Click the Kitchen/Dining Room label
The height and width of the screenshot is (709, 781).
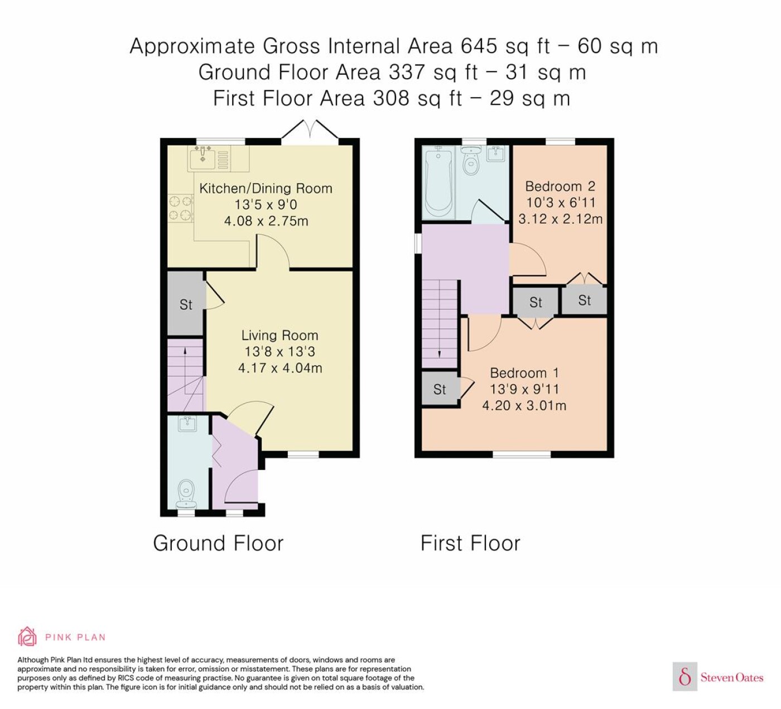266,189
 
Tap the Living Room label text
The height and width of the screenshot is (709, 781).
279,335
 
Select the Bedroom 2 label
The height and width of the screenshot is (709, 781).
560,186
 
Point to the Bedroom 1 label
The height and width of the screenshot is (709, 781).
524,373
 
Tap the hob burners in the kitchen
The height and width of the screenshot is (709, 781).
181,208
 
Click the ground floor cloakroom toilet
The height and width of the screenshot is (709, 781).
186,492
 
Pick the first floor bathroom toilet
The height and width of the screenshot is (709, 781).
471,161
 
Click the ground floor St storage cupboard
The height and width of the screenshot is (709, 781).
185,304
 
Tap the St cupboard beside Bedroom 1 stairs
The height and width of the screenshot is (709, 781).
440,389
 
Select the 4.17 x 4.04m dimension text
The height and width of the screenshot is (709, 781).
280,368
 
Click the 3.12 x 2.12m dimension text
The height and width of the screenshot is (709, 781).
560,219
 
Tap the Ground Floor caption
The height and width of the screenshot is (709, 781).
218,543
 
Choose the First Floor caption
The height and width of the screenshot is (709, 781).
470,543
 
